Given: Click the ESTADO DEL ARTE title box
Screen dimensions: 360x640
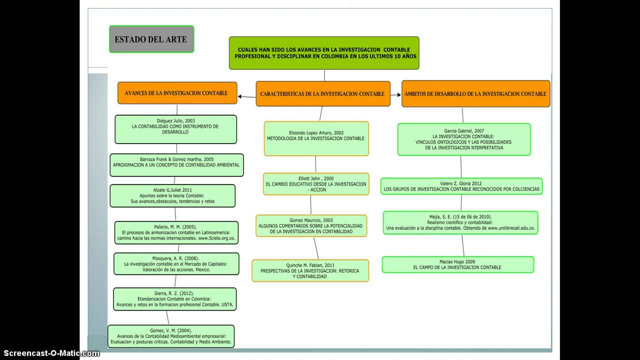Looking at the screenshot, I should [x=151, y=39].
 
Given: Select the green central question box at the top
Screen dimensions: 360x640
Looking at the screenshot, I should [x=324, y=53].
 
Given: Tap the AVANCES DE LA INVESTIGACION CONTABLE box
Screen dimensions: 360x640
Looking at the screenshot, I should [x=177, y=93].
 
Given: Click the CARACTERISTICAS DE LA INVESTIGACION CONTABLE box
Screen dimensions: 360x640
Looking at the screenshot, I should [x=322, y=94].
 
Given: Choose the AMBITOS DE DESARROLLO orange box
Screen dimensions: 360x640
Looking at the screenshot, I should [x=475, y=94].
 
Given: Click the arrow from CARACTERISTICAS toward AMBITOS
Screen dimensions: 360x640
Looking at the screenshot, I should [x=395, y=95].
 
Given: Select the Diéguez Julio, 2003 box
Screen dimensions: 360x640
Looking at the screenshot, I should [x=175, y=129].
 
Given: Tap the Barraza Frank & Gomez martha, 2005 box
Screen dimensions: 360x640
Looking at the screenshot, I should [x=176, y=165].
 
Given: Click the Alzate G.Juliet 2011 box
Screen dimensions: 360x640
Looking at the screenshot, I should [x=172, y=196].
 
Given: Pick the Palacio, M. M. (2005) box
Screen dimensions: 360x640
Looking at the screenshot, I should [x=176, y=233].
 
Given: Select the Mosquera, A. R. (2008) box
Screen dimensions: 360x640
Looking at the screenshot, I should [x=176, y=264].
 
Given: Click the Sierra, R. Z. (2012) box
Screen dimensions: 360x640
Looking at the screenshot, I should [x=174, y=299].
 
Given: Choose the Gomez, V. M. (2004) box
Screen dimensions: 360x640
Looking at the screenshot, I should [x=171, y=336].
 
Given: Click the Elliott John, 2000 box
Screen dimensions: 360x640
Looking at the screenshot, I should [x=316, y=184].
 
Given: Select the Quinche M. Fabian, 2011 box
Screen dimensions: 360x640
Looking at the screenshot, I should [x=310, y=270].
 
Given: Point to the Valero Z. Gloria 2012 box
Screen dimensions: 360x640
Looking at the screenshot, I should [x=461, y=186].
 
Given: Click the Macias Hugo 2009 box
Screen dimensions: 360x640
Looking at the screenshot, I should [x=457, y=264].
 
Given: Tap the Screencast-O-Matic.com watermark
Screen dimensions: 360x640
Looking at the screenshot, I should [x=50, y=353].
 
